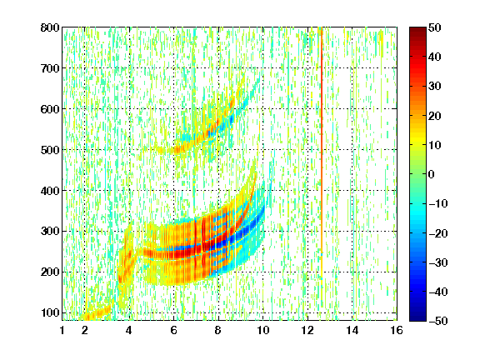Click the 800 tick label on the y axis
[50, 27]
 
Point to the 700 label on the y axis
[50, 68]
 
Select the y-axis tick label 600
[50, 109]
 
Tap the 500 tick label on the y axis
[50, 150]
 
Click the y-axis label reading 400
[50, 191]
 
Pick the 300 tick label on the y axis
[50, 231]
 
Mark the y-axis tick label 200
[50, 272]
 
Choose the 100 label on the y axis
[50, 312]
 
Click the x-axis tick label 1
[62, 330]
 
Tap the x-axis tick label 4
[129, 330]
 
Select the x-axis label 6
[173, 330]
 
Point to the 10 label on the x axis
[262, 330]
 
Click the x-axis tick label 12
[307, 330]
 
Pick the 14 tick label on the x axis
[352, 330]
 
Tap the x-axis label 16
[397, 330]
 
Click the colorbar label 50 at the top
[435, 27]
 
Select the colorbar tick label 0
[432, 174]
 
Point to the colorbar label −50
[437, 321]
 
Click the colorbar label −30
[437, 262]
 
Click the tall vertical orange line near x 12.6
[322, 153]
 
